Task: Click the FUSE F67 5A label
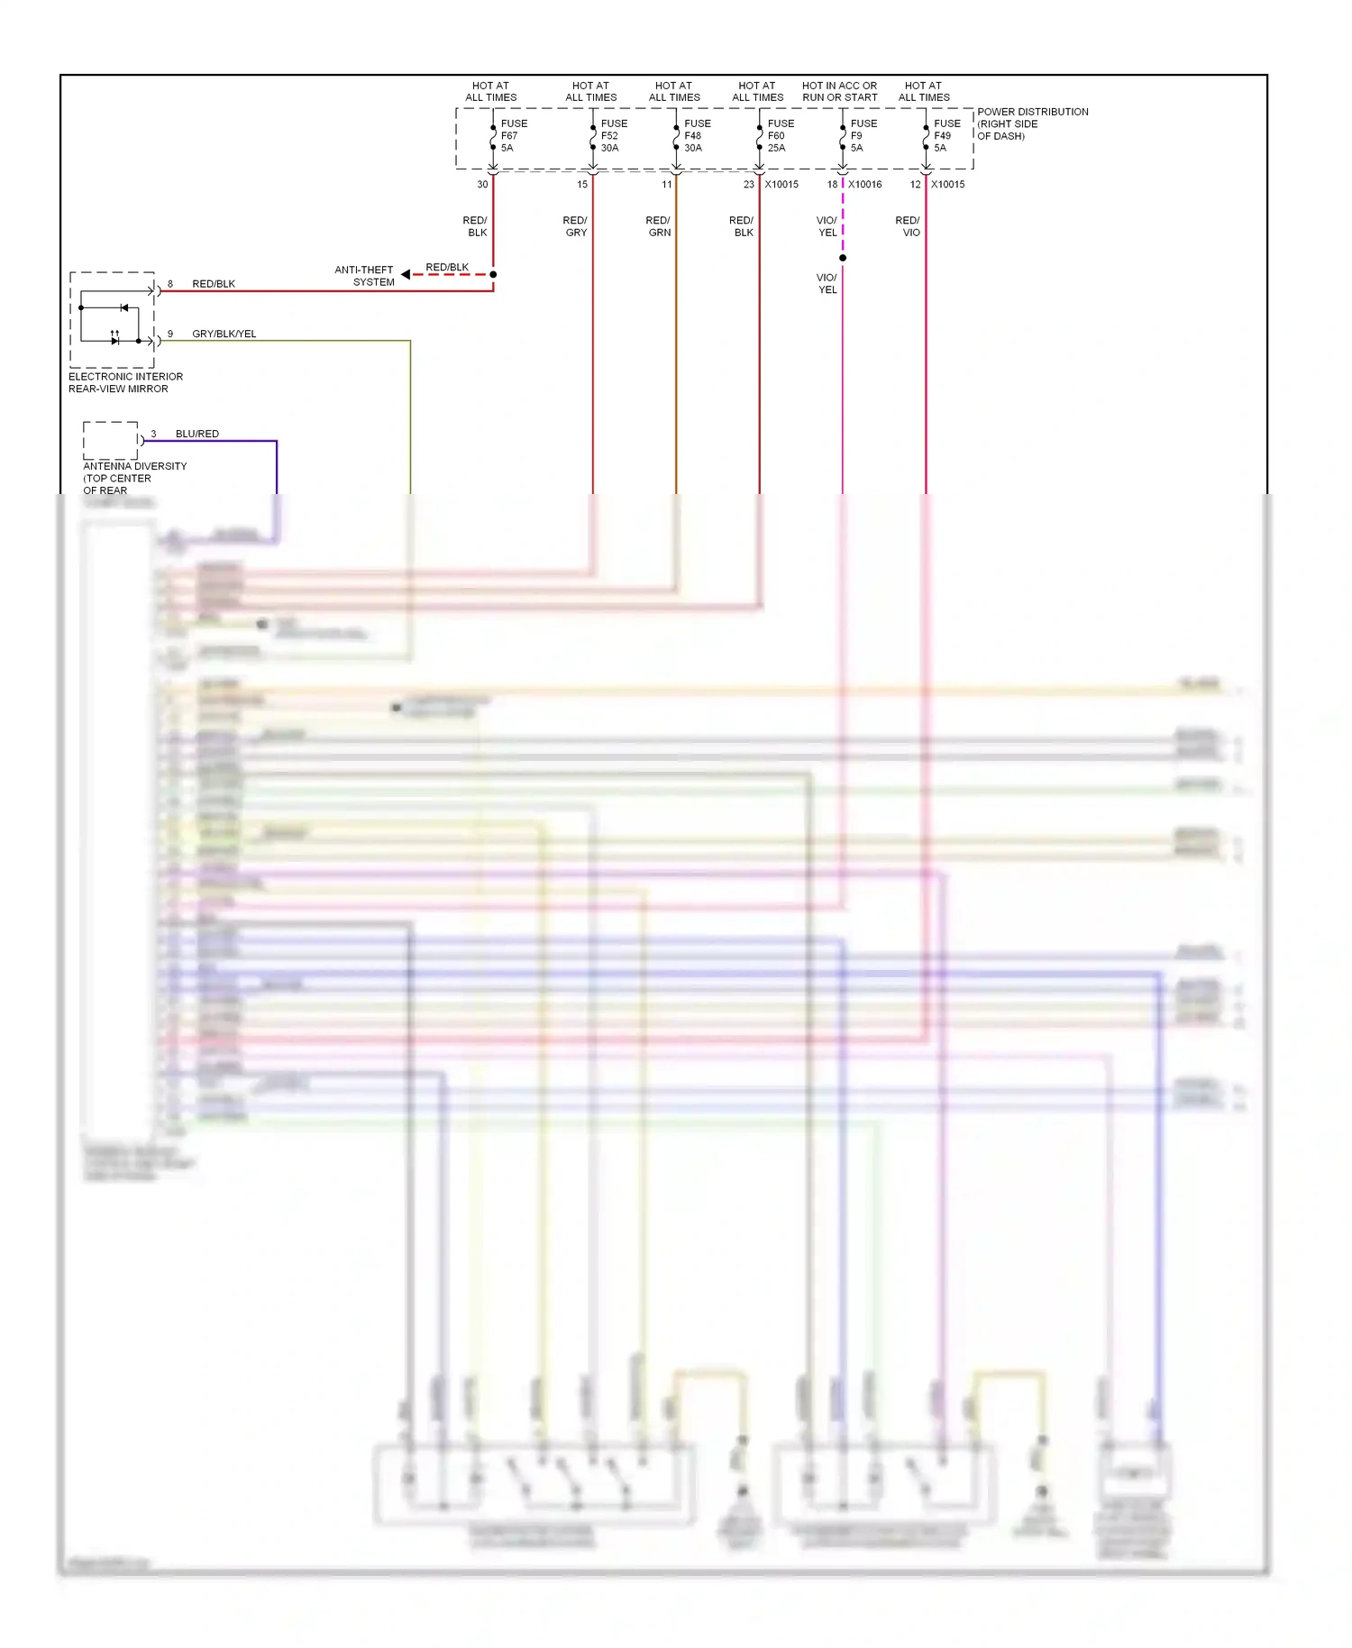click(x=513, y=135)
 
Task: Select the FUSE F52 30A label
click(x=613, y=135)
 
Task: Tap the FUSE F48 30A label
click(x=696, y=135)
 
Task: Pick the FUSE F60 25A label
click(x=780, y=135)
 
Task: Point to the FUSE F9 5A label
click(x=863, y=135)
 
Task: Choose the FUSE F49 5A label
click(x=945, y=135)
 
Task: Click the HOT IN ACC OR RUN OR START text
click(x=839, y=91)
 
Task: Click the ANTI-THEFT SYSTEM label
click(x=364, y=276)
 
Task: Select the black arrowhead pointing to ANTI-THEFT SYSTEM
click(x=406, y=274)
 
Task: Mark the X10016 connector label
click(x=864, y=184)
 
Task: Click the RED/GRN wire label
click(x=658, y=226)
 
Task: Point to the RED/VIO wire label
click(x=908, y=226)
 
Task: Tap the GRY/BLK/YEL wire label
click(x=224, y=334)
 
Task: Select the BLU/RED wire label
click(x=196, y=434)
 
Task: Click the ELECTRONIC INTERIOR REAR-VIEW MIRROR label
click(x=125, y=382)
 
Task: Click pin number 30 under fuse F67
click(x=482, y=184)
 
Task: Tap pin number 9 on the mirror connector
click(x=170, y=334)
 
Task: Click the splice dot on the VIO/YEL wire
click(x=843, y=258)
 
